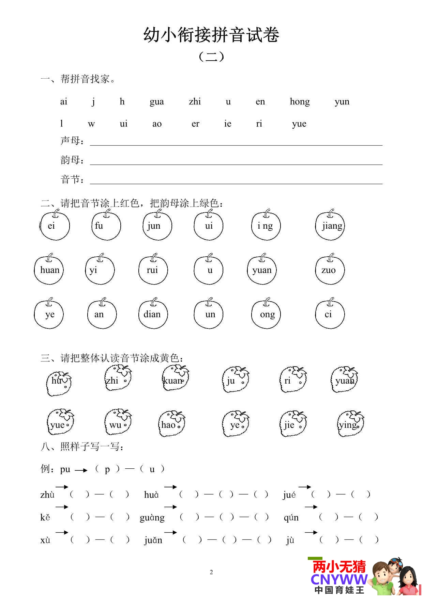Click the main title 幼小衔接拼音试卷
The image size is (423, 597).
[211, 35]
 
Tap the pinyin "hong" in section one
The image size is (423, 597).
[300, 102]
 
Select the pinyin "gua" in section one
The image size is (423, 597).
[157, 102]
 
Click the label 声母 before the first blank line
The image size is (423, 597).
[71, 141]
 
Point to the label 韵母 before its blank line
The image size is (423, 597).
[71, 160]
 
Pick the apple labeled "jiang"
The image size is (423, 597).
[330, 226]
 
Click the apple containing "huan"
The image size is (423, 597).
[49, 270]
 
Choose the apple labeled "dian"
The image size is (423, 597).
[153, 314]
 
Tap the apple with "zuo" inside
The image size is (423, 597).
[330, 270]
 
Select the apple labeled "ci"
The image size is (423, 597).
[330, 314]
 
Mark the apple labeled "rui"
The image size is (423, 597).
[153, 270]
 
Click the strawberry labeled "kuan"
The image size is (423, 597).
[175, 378]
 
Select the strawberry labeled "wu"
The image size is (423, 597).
[118, 423]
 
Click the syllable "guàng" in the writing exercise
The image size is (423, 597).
[152, 518]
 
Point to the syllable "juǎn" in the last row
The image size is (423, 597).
[153, 540]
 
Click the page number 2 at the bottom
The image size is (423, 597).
[211, 572]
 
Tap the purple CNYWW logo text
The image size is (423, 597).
[339, 579]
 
